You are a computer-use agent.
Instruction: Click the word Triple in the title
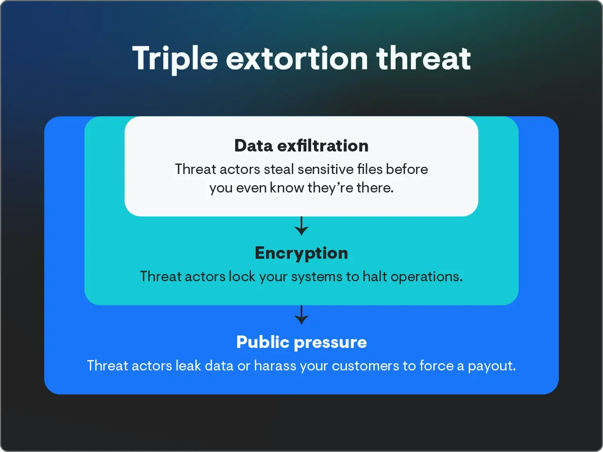(x=175, y=59)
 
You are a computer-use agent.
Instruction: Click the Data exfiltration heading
(x=301, y=145)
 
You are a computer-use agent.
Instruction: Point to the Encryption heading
(x=301, y=253)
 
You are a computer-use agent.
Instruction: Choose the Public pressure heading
(x=301, y=342)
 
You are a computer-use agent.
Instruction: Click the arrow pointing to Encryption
(x=301, y=226)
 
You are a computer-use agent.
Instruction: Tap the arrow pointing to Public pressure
(x=301, y=315)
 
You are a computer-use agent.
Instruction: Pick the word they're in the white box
(x=330, y=188)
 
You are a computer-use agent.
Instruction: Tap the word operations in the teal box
(x=426, y=277)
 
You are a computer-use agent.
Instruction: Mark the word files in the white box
(x=370, y=169)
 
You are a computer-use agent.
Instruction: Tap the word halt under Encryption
(x=375, y=276)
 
